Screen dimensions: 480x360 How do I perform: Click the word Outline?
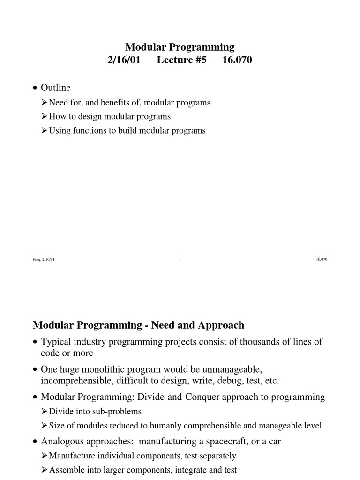tap(56, 88)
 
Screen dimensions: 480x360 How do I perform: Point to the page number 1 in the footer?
tap(180, 260)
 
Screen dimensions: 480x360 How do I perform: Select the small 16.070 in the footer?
tap(322, 260)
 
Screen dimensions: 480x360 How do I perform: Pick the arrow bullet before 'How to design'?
tap(45, 116)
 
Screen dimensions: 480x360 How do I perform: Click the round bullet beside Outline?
tap(35, 88)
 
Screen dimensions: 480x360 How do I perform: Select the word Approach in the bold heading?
tap(221, 325)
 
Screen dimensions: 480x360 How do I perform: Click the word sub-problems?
tap(118, 411)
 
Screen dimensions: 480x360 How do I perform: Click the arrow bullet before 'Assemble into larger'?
tap(45, 469)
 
